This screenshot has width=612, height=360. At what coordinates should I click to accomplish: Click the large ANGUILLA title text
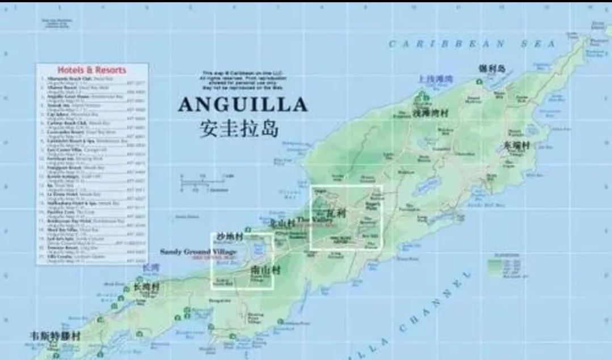point(243,104)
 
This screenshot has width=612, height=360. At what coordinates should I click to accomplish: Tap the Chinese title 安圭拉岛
point(239,128)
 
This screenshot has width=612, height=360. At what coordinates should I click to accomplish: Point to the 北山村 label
point(282,222)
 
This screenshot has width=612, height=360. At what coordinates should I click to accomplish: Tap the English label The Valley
point(311,220)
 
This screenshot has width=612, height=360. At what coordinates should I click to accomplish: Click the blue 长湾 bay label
point(150,267)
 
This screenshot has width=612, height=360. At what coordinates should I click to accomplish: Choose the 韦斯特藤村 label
point(56,336)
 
